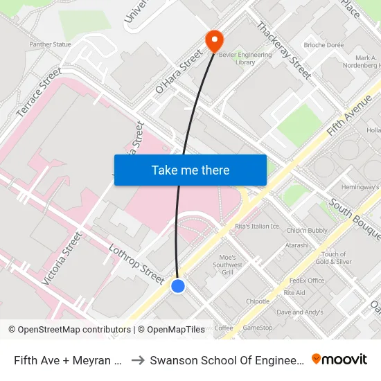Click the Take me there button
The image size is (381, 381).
[190, 170]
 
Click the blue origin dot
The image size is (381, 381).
[178, 285]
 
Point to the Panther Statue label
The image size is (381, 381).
[50, 44]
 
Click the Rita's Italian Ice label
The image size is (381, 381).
[257, 227]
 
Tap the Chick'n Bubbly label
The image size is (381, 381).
[307, 230]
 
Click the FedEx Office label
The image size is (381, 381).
[307, 281]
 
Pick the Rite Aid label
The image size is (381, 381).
[294, 292]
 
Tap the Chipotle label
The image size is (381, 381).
[258, 301]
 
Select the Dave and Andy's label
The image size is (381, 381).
[299, 312]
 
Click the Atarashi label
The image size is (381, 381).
[296, 245]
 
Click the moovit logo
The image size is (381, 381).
[339, 360]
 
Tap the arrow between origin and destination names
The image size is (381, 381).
[137, 360]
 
